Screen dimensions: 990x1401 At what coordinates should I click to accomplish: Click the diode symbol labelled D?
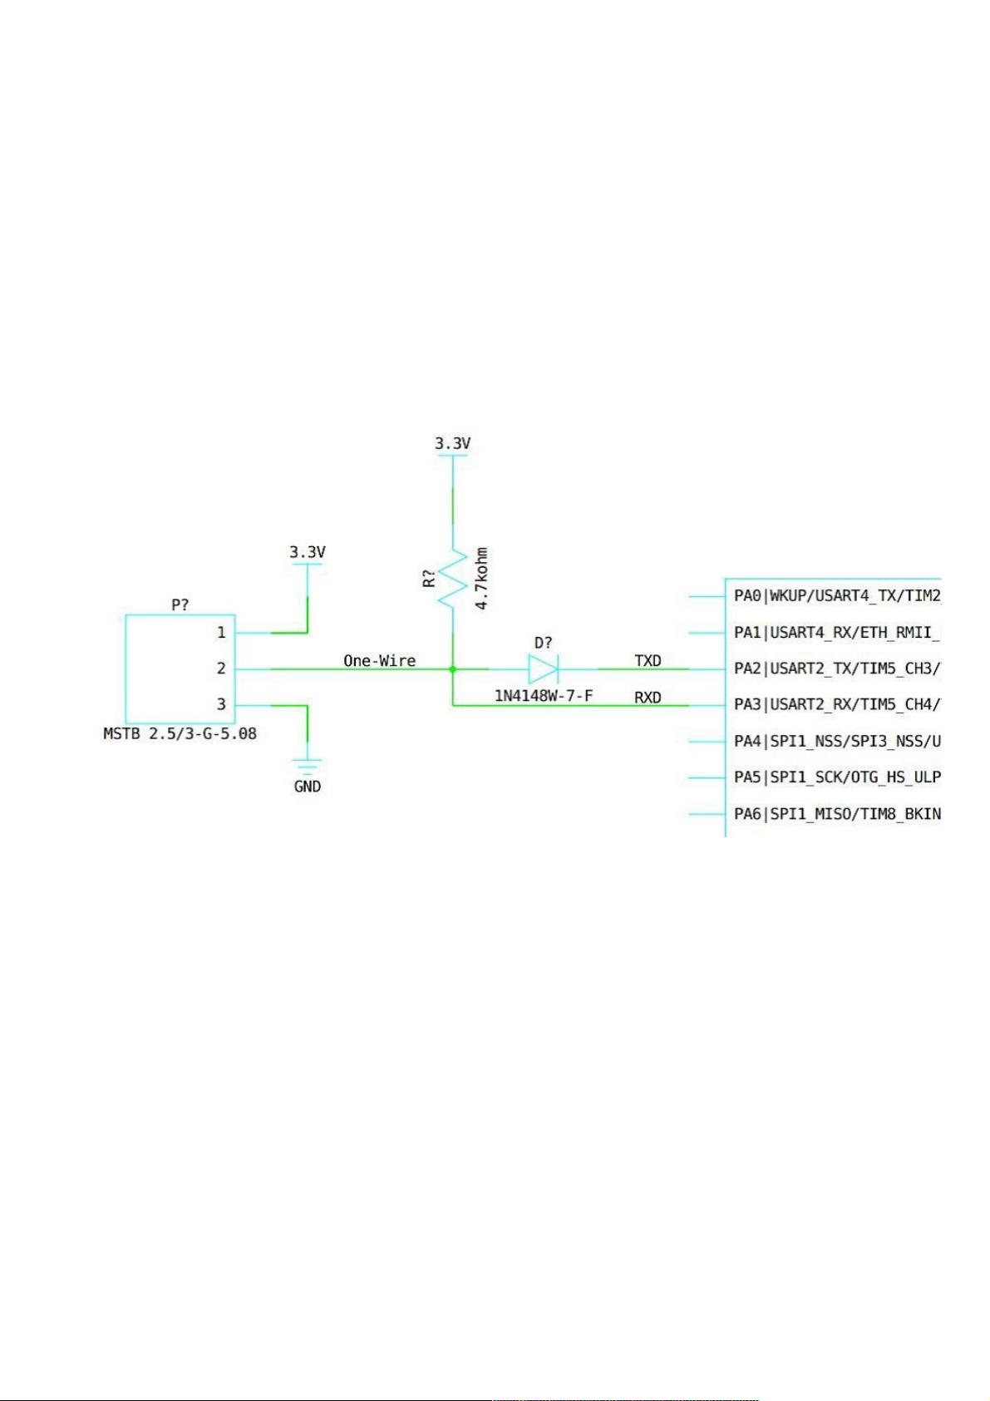pos(542,669)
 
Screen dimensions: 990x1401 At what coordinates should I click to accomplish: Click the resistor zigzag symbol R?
pos(452,579)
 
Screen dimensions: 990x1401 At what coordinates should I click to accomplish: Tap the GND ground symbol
pos(307,767)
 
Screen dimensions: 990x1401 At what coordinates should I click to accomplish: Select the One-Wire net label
pos(379,660)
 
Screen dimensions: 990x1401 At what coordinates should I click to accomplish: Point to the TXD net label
pos(648,660)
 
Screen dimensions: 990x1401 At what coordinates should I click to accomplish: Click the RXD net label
pos(648,698)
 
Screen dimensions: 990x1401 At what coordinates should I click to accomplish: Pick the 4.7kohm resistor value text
pos(481,579)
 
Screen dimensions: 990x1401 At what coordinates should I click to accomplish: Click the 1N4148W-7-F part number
pos(544,695)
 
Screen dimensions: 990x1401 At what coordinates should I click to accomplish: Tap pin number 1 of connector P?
pos(221,633)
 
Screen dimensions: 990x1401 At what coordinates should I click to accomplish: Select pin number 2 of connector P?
pos(221,668)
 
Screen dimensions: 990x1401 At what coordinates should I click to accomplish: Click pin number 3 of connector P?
pos(221,704)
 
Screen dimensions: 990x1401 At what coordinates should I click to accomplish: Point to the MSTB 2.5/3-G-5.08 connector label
pos(180,733)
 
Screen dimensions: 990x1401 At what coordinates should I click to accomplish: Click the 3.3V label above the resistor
pos(453,443)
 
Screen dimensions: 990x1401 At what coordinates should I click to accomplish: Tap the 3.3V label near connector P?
pos(307,552)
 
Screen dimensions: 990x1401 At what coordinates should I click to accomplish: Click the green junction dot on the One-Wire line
pos(453,669)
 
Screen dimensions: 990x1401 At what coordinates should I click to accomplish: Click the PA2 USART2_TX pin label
pos(838,668)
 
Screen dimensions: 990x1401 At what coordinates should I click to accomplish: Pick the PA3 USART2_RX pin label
pos(838,705)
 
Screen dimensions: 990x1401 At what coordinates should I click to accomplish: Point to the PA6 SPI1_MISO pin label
pos(838,814)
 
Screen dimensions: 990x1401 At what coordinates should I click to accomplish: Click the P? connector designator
pos(180,604)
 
